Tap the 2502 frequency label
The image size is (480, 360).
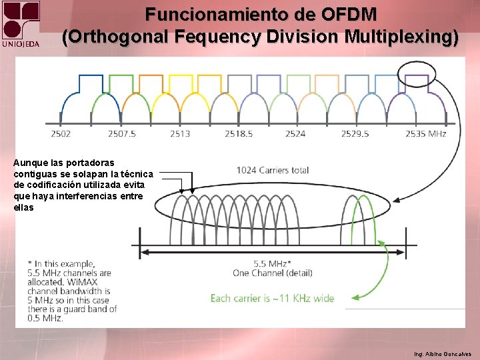click(x=61, y=133)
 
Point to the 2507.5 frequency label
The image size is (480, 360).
click(x=122, y=133)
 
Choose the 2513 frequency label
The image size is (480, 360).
click(x=179, y=133)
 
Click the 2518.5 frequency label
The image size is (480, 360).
click(x=239, y=133)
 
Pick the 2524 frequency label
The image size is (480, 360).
click(x=295, y=133)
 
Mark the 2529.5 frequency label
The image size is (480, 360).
click(x=355, y=133)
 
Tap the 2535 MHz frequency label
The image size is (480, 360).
click(x=425, y=133)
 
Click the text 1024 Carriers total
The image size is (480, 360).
click(x=273, y=170)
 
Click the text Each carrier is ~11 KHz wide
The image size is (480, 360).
click(x=272, y=298)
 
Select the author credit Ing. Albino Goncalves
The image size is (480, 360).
click(x=442, y=353)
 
